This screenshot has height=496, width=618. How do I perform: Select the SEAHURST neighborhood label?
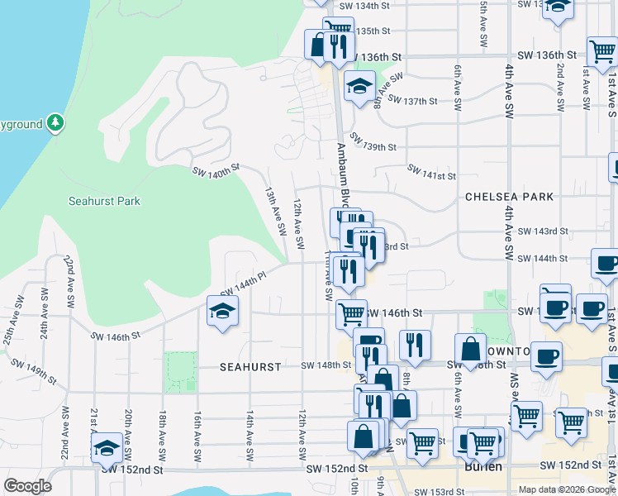250,365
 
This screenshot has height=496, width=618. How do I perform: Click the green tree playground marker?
55,123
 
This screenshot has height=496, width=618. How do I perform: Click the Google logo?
27,486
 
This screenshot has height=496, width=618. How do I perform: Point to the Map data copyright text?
567,489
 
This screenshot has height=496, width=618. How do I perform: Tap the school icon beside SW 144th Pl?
221,312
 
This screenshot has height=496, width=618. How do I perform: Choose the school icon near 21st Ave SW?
107,447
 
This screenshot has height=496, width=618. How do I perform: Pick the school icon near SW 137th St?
359,85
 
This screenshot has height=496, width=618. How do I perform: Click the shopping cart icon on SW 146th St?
352,313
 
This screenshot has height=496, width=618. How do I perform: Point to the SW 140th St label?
216,170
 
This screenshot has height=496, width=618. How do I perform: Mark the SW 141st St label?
431,171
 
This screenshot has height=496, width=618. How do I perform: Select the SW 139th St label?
373,142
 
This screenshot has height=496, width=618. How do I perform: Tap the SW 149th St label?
33,371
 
